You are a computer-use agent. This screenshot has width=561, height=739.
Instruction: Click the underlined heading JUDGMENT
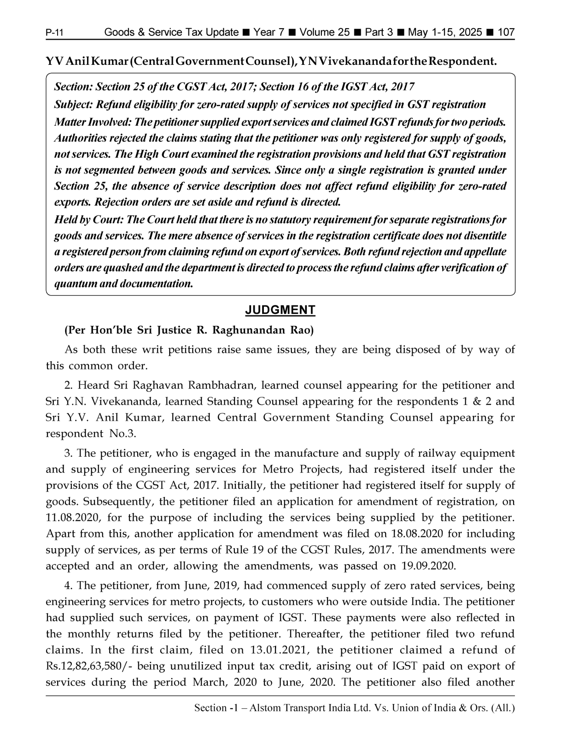point(280,310)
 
